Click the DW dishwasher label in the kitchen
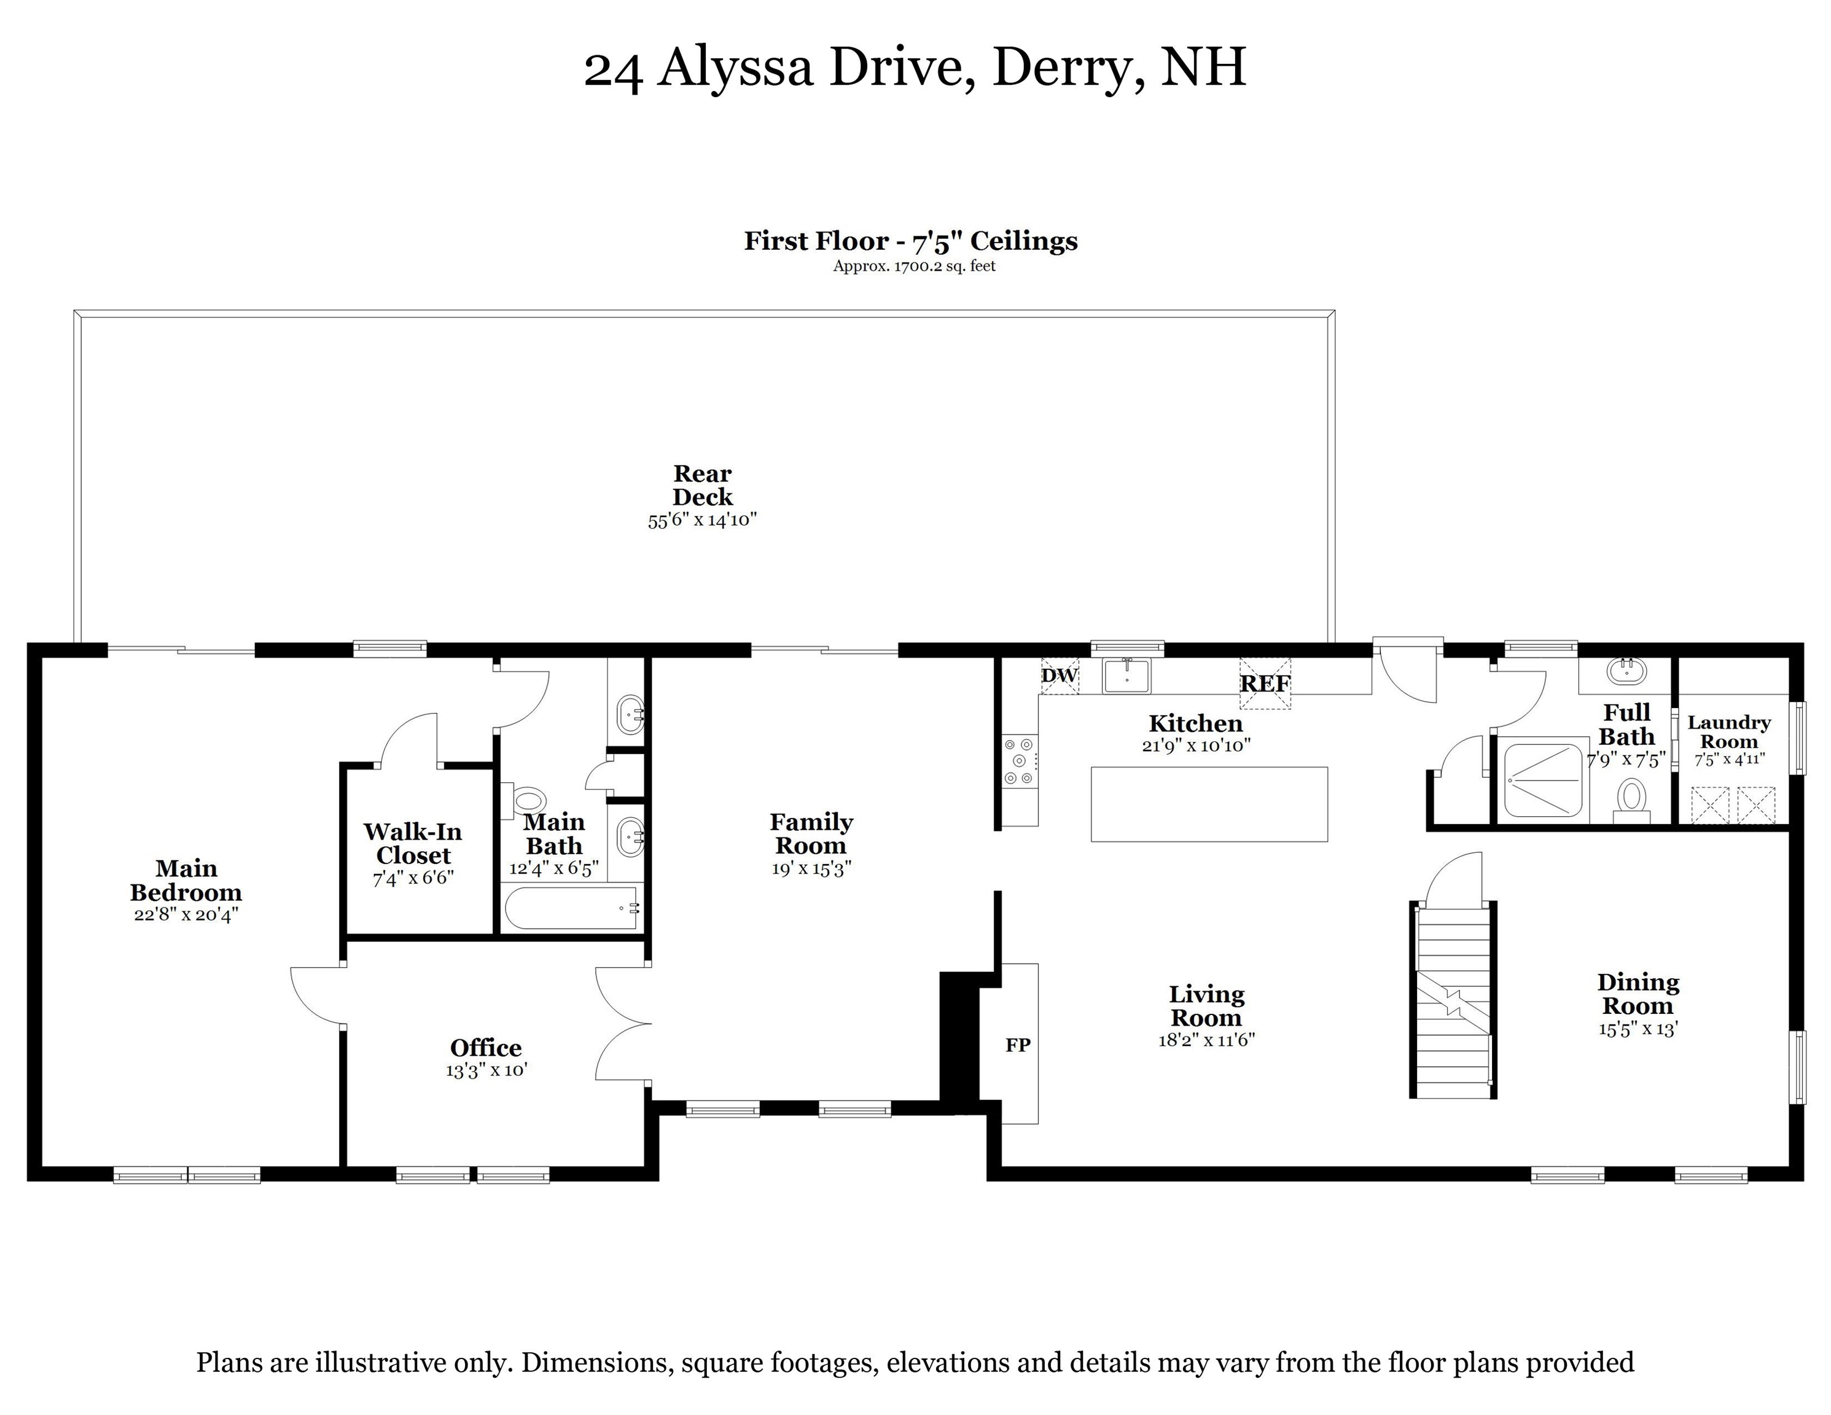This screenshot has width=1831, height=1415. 1059,676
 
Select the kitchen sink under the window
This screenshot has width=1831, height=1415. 1126,676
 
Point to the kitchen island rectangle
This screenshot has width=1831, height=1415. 1209,804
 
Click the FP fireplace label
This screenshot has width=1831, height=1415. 1018,1045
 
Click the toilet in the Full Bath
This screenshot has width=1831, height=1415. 1631,797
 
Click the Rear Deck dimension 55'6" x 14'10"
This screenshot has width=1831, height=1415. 703,520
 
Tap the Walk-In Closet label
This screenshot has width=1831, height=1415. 413,843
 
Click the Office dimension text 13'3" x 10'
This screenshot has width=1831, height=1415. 486,1070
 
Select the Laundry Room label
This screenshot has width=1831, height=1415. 1728,732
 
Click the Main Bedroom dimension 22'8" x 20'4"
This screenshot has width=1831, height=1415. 186,914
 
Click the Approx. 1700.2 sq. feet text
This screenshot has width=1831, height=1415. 914,267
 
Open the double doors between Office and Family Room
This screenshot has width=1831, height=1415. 625,1023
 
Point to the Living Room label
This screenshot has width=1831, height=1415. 1206,1006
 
